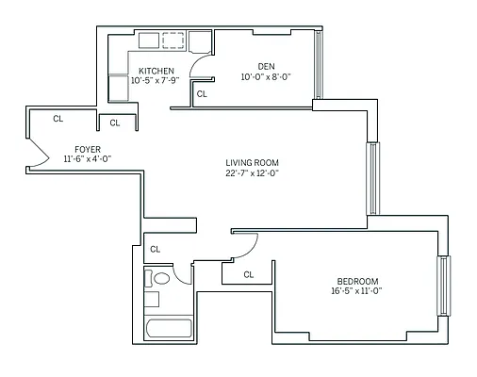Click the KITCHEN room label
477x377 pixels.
tap(156, 71)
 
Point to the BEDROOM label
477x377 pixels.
tap(357, 281)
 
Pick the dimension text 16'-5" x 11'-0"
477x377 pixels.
tap(357, 292)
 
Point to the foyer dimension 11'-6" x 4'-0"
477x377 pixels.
tap(88, 160)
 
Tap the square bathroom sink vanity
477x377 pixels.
tap(152, 299)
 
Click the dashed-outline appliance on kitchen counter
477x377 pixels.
tap(173, 41)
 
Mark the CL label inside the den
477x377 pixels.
tap(202, 94)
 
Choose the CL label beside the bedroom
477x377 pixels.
tap(249, 274)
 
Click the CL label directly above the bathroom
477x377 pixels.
tap(156, 249)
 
